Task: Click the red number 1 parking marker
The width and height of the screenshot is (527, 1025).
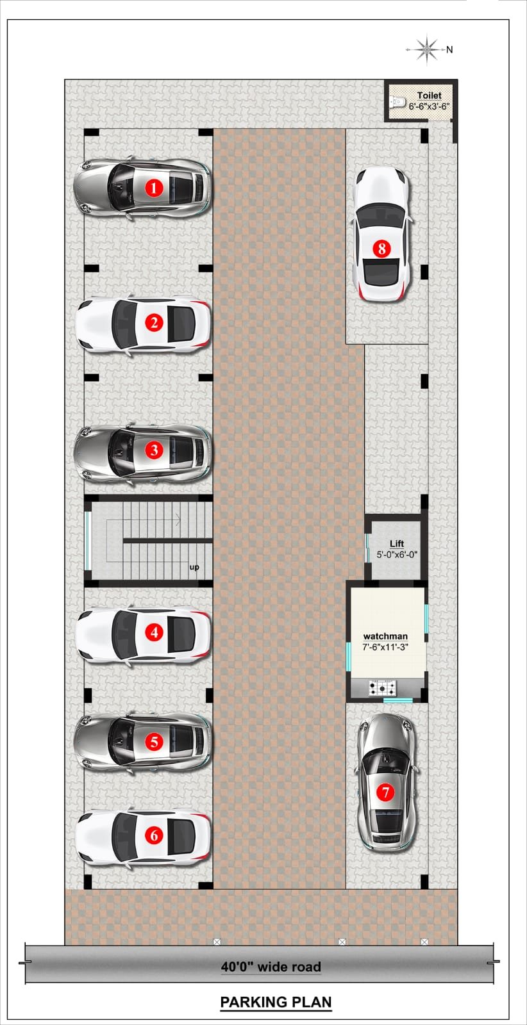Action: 154,187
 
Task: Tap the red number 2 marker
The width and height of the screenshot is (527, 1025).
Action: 155,323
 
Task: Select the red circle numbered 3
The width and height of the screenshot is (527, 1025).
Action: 155,450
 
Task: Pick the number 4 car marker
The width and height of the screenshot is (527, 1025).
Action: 155,632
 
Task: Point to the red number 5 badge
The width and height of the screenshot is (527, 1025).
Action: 155,742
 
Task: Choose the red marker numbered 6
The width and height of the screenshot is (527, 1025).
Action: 155,835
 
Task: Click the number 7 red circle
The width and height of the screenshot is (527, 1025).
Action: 385,792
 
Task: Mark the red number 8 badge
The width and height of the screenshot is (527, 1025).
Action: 382,249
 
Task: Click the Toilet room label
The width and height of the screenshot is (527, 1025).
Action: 429,95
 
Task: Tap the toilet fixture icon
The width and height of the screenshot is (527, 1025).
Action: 397,101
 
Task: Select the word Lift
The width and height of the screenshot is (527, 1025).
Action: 396,543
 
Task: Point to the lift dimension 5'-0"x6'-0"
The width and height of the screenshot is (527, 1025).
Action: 397,555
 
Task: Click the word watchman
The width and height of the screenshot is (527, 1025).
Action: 385,636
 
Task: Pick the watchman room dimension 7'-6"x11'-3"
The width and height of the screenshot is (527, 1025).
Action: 385,647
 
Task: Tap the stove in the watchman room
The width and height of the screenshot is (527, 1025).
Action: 383,688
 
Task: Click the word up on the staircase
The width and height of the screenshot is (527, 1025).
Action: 194,568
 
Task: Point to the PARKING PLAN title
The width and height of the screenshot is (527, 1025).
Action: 276,1002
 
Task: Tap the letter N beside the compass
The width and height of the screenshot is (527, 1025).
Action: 449,49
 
